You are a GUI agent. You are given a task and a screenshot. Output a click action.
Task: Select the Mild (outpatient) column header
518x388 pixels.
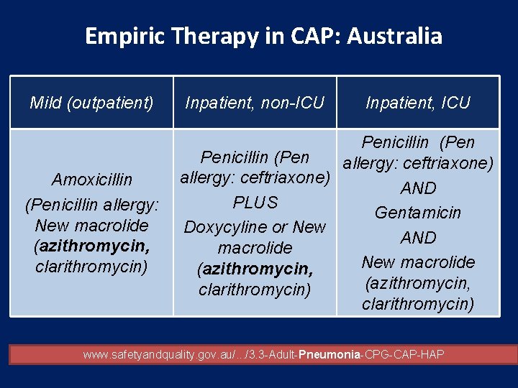tap(91, 103)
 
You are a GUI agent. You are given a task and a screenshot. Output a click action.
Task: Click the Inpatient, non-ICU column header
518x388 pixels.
tap(255, 103)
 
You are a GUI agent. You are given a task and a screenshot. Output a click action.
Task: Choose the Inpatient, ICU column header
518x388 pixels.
tap(418, 103)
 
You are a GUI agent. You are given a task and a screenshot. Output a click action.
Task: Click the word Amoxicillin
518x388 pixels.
tap(91, 179)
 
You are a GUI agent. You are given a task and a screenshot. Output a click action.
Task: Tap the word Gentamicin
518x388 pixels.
tap(418, 213)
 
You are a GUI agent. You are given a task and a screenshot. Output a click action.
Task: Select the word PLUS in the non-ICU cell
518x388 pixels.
tap(255, 203)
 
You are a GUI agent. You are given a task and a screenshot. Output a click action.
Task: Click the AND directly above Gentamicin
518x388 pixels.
tap(418, 188)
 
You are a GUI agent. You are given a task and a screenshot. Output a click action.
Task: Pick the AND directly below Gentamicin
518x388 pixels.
tap(418, 237)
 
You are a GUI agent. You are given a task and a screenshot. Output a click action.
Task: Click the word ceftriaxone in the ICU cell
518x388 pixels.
tap(446, 163)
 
